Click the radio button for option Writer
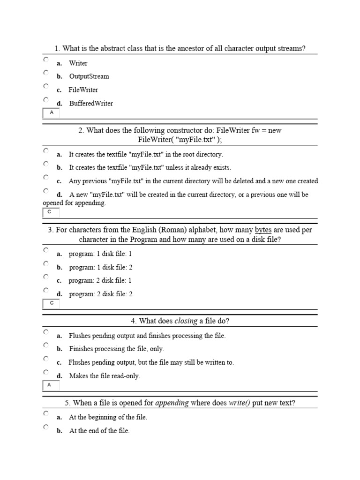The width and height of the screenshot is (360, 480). (x=46, y=60)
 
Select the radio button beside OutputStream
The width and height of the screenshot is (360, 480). (x=46, y=73)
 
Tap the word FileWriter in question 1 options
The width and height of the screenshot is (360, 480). (x=83, y=90)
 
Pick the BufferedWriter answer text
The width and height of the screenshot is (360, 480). (x=91, y=103)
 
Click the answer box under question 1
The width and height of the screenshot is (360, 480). (x=51, y=113)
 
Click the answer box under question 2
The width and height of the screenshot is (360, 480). (x=51, y=213)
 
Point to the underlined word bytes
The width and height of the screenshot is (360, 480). (x=263, y=230)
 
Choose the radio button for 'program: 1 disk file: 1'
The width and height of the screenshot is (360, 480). (x=46, y=250)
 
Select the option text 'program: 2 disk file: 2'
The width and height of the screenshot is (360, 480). (x=101, y=294)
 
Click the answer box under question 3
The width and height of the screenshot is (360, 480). (x=51, y=303)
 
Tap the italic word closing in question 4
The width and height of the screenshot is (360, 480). (x=186, y=321)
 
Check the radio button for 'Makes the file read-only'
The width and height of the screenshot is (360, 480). (x=46, y=373)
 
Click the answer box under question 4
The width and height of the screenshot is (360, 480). (x=51, y=385)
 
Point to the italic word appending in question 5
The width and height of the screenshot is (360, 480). (x=172, y=403)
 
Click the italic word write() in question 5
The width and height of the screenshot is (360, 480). (x=239, y=403)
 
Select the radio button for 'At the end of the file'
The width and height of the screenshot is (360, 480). (x=46, y=427)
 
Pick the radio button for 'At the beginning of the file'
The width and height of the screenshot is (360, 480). (x=46, y=414)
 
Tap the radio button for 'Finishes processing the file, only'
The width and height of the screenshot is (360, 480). (x=46, y=345)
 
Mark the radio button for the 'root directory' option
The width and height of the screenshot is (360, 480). (x=46, y=151)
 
